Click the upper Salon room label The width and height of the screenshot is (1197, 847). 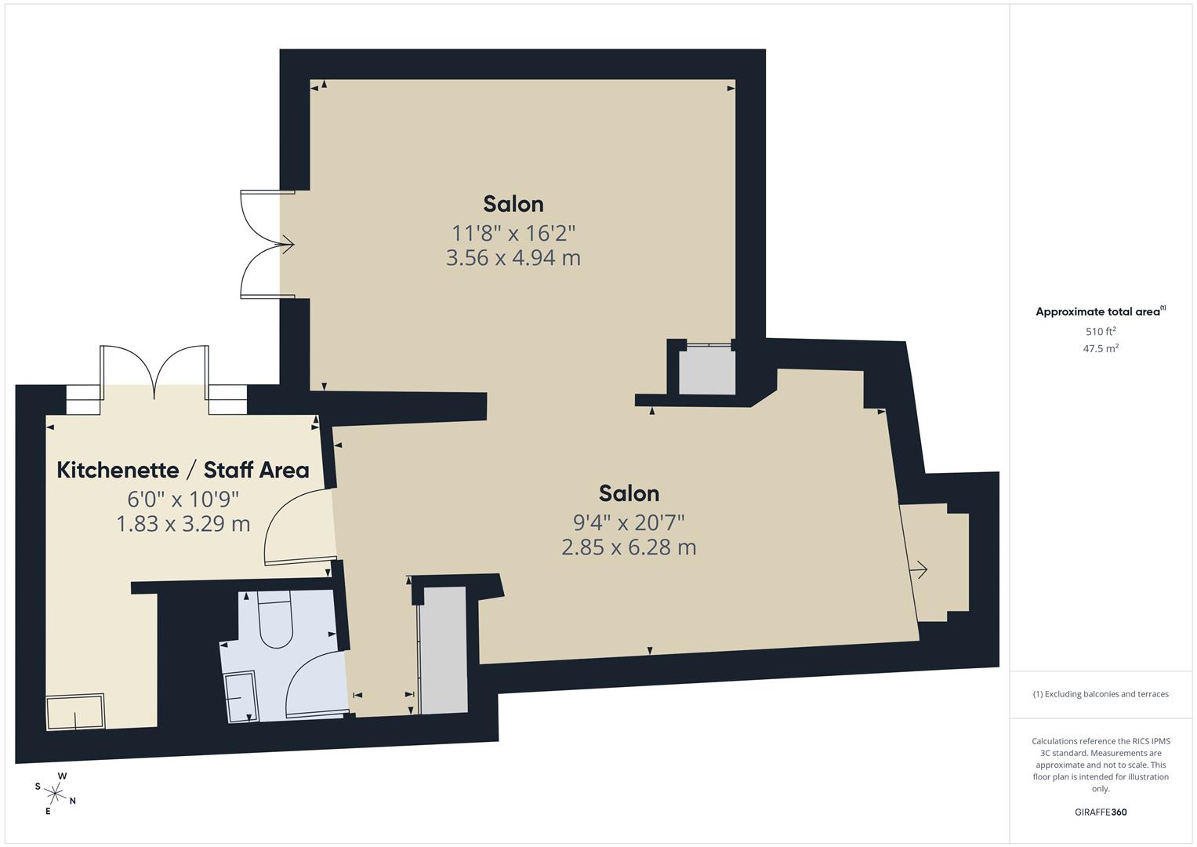[x=513, y=204]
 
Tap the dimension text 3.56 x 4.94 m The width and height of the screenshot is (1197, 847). [x=513, y=258]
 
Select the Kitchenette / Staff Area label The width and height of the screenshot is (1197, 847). [x=183, y=470]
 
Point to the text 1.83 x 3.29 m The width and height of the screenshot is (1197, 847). [x=183, y=524]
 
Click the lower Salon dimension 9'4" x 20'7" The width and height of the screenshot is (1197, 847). [x=629, y=522]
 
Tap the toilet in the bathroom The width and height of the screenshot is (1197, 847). [x=275, y=623]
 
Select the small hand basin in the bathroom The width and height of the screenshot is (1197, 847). [x=240, y=696]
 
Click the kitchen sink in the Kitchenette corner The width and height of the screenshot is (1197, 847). [x=75, y=712]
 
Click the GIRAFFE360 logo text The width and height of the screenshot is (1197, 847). [x=1101, y=812]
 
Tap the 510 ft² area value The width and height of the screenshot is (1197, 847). [x=1101, y=332]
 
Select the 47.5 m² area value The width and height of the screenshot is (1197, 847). [x=1101, y=349]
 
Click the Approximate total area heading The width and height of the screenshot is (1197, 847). [x=1101, y=311]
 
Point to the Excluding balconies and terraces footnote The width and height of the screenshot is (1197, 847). [x=1101, y=694]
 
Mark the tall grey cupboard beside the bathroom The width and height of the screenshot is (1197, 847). [x=444, y=651]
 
